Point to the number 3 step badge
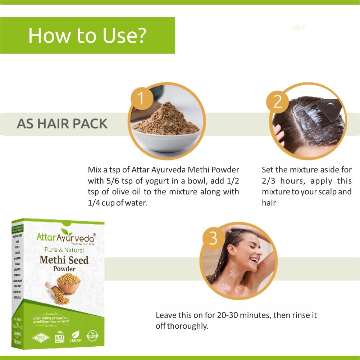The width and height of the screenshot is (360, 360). [213, 238]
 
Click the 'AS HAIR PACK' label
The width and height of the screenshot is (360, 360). [62, 123]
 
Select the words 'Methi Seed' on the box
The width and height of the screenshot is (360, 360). [64, 260]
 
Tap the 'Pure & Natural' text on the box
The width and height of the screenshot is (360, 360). [64, 250]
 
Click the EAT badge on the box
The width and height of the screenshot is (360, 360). [59, 337]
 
